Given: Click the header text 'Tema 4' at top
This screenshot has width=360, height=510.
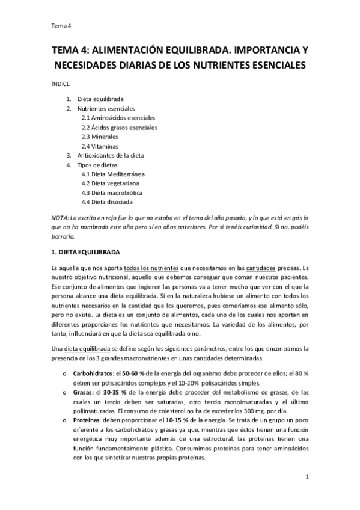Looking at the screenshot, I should pyautogui.click(x=62, y=25).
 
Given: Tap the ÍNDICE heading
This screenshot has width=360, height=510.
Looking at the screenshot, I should pyautogui.click(x=61, y=84).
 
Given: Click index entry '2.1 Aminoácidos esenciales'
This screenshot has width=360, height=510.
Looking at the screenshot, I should pyautogui.click(x=118, y=118).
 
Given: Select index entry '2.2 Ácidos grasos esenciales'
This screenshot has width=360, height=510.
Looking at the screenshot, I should pyautogui.click(x=120, y=127).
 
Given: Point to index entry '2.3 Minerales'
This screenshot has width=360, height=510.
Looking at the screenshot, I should pyautogui.click(x=100, y=137).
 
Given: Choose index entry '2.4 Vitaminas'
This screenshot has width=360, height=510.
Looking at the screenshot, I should pyautogui.click(x=100, y=146).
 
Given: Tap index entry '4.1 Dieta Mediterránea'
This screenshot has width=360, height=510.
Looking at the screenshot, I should pyautogui.click(x=113, y=174).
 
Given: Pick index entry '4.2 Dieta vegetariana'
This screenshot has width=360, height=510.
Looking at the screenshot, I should pyautogui.click(x=111, y=183).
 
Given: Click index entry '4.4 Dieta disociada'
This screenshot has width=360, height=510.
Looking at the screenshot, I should pyautogui.click(x=108, y=202).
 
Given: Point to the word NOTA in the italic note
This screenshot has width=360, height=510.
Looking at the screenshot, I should pyautogui.click(x=59, y=217).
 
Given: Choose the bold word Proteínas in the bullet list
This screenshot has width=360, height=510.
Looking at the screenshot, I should pyautogui.click(x=87, y=429).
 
